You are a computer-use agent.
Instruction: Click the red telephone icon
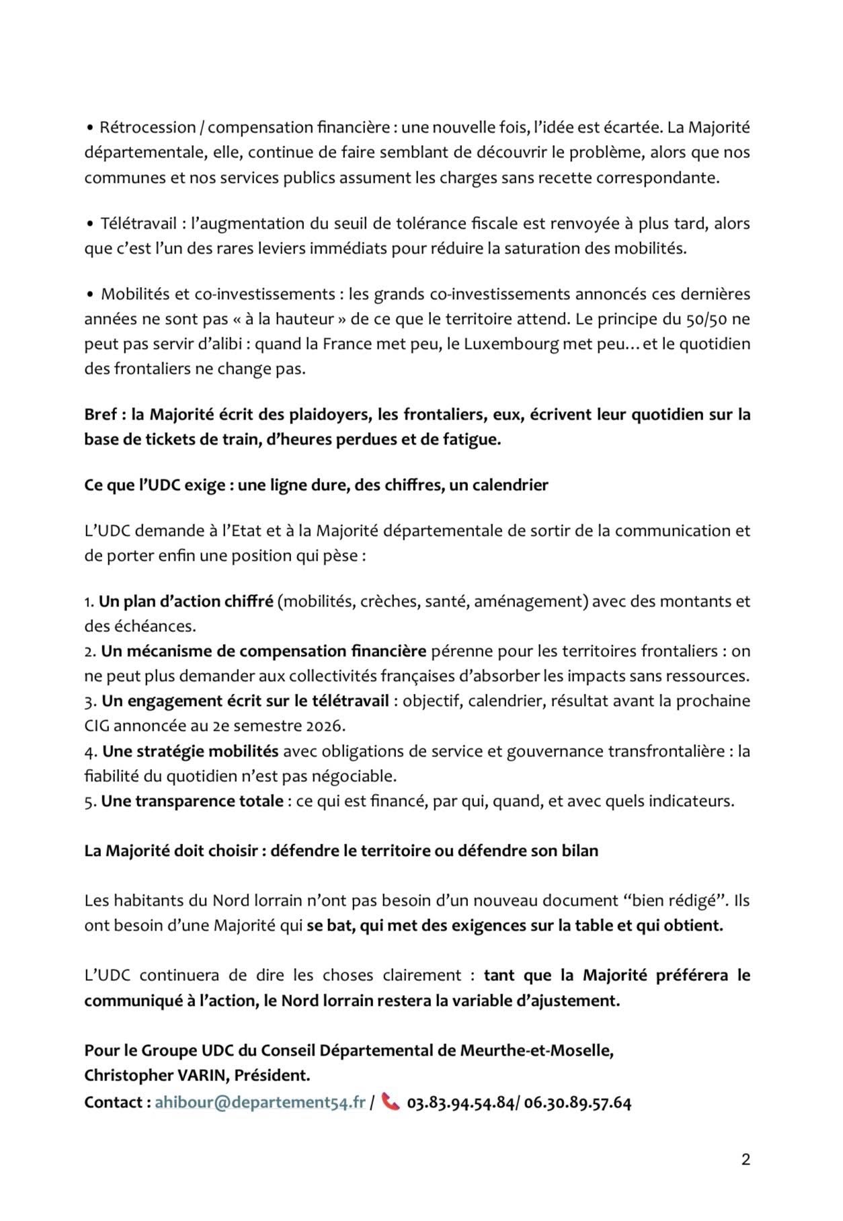(x=391, y=1102)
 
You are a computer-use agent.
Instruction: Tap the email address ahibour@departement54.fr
(x=260, y=1103)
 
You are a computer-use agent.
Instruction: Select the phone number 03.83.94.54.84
(x=460, y=1103)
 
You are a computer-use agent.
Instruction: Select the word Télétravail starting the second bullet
(x=139, y=223)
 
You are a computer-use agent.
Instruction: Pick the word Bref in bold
(x=100, y=414)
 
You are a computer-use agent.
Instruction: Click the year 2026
(x=325, y=726)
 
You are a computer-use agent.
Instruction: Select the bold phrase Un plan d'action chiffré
(x=186, y=601)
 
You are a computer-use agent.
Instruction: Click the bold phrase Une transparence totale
(x=192, y=801)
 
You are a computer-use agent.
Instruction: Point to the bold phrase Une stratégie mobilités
(x=190, y=751)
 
